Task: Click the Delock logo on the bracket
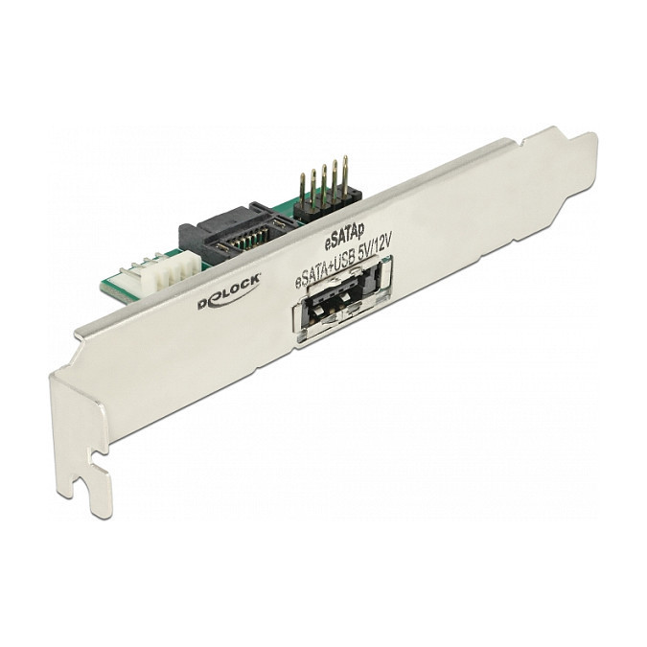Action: [229, 291]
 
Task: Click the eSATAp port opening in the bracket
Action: [341, 300]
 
